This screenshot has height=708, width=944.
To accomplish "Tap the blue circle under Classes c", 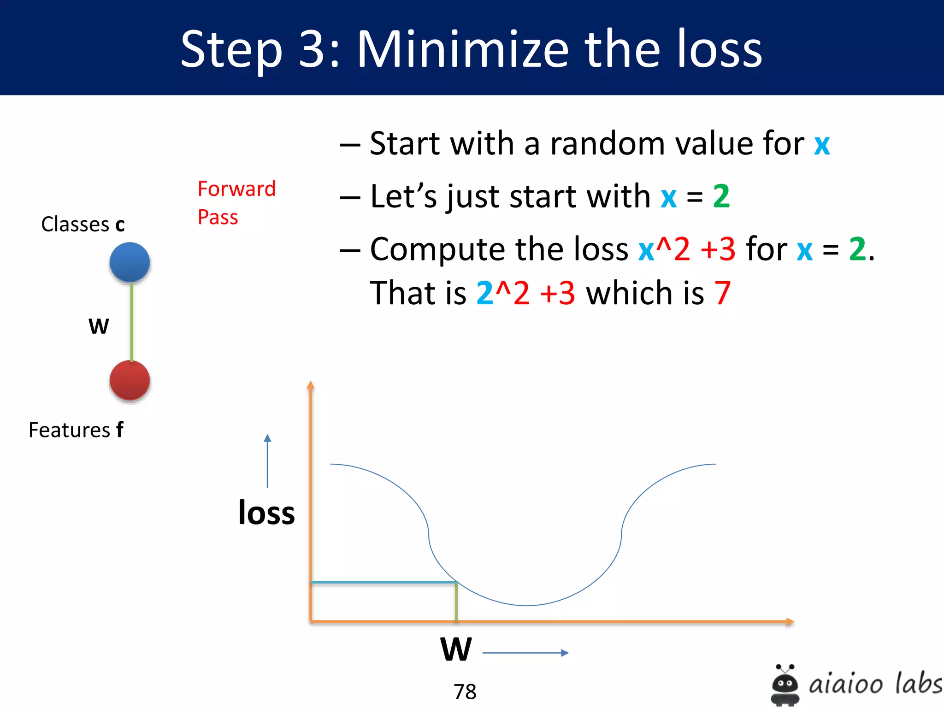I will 130,262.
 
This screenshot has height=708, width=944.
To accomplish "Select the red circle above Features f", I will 130,380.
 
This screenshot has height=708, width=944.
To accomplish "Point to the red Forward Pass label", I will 236,202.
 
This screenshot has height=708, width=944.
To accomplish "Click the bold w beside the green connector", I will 99,326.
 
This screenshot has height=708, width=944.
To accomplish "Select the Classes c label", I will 83,224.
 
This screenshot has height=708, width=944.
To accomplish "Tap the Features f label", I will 76,430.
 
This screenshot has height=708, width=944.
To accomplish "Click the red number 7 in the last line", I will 722,293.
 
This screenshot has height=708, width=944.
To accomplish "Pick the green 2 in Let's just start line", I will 721,196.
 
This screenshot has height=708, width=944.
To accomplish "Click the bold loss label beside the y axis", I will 266,513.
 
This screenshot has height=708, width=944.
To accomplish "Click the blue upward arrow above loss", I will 267,461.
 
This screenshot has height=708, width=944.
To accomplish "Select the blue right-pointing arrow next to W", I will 525,653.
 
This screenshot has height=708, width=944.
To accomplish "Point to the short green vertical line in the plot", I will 456,602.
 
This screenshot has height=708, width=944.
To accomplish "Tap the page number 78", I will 465,691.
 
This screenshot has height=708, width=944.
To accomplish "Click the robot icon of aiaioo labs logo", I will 785,685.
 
